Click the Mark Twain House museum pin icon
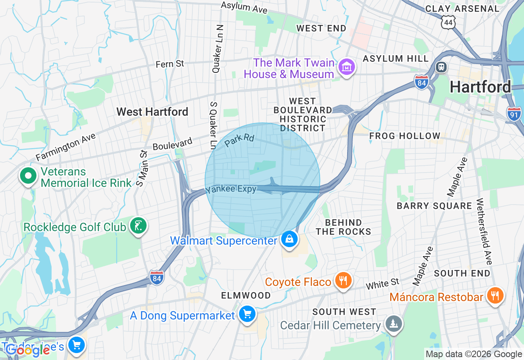[x=347, y=67]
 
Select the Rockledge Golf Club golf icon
[x=138, y=226]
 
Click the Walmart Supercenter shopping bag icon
[x=289, y=239]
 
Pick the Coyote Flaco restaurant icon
[x=343, y=281]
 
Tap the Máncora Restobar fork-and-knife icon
[x=495, y=295]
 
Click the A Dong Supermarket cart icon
[x=247, y=314]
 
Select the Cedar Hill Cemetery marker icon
[x=393, y=324]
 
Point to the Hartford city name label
[x=480, y=87]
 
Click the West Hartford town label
[x=152, y=112]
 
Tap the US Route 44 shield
[x=448, y=22]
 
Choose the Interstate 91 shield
[x=514, y=114]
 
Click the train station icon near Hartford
[x=441, y=67]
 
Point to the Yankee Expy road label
[x=231, y=189]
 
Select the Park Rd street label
[x=239, y=140]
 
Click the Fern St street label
[x=170, y=64]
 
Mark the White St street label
[x=382, y=283]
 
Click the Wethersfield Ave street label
[x=486, y=232]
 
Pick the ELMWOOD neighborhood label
[x=246, y=295]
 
